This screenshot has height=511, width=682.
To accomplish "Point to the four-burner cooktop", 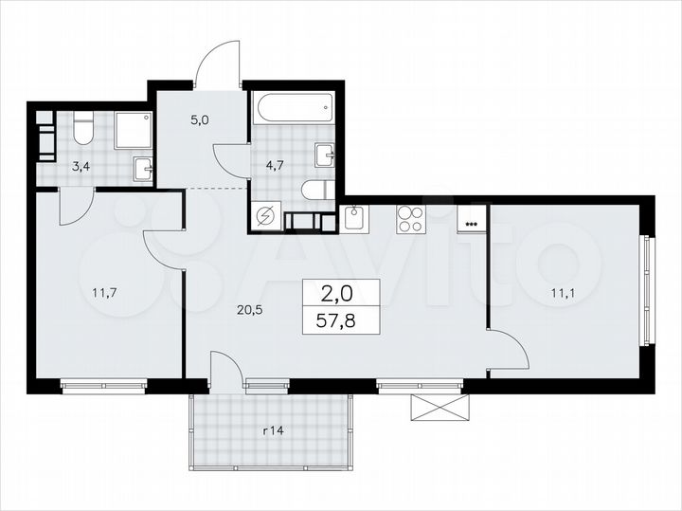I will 410,219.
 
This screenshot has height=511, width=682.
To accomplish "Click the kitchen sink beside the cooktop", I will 354,219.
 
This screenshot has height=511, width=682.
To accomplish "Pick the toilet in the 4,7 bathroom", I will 314,191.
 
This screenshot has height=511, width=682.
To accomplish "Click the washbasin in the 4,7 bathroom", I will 326,155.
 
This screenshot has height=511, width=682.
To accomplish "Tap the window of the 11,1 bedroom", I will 649,292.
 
